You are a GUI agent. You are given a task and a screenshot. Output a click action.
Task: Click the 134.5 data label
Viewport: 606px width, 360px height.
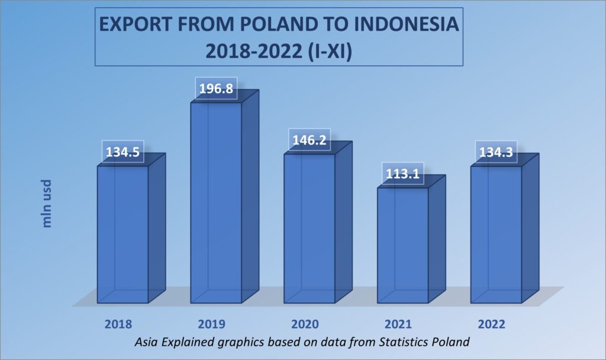(x=123, y=152)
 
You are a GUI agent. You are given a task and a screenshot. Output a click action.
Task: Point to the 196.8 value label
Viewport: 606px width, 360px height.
(x=216, y=89)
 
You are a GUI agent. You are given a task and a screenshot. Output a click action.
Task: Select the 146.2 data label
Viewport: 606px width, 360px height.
(x=310, y=140)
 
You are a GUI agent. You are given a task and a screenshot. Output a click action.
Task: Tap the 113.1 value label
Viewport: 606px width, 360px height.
(x=402, y=173)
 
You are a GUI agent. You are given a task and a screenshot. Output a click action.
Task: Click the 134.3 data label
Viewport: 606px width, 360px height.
(x=496, y=152)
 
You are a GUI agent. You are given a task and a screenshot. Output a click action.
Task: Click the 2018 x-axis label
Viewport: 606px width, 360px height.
(x=118, y=324)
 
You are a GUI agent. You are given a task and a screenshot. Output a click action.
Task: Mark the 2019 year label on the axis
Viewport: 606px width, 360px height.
(x=211, y=324)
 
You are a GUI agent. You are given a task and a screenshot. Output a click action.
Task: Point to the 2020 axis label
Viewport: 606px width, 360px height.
(x=305, y=324)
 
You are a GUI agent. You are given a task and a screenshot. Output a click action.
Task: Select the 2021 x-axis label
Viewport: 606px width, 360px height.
(x=398, y=324)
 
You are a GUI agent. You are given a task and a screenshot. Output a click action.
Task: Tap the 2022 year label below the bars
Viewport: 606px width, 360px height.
(x=492, y=324)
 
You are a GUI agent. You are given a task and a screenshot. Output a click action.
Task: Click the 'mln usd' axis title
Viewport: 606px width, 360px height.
(x=46, y=204)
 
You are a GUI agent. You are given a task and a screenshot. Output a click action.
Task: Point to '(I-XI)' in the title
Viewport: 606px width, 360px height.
(x=331, y=51)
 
